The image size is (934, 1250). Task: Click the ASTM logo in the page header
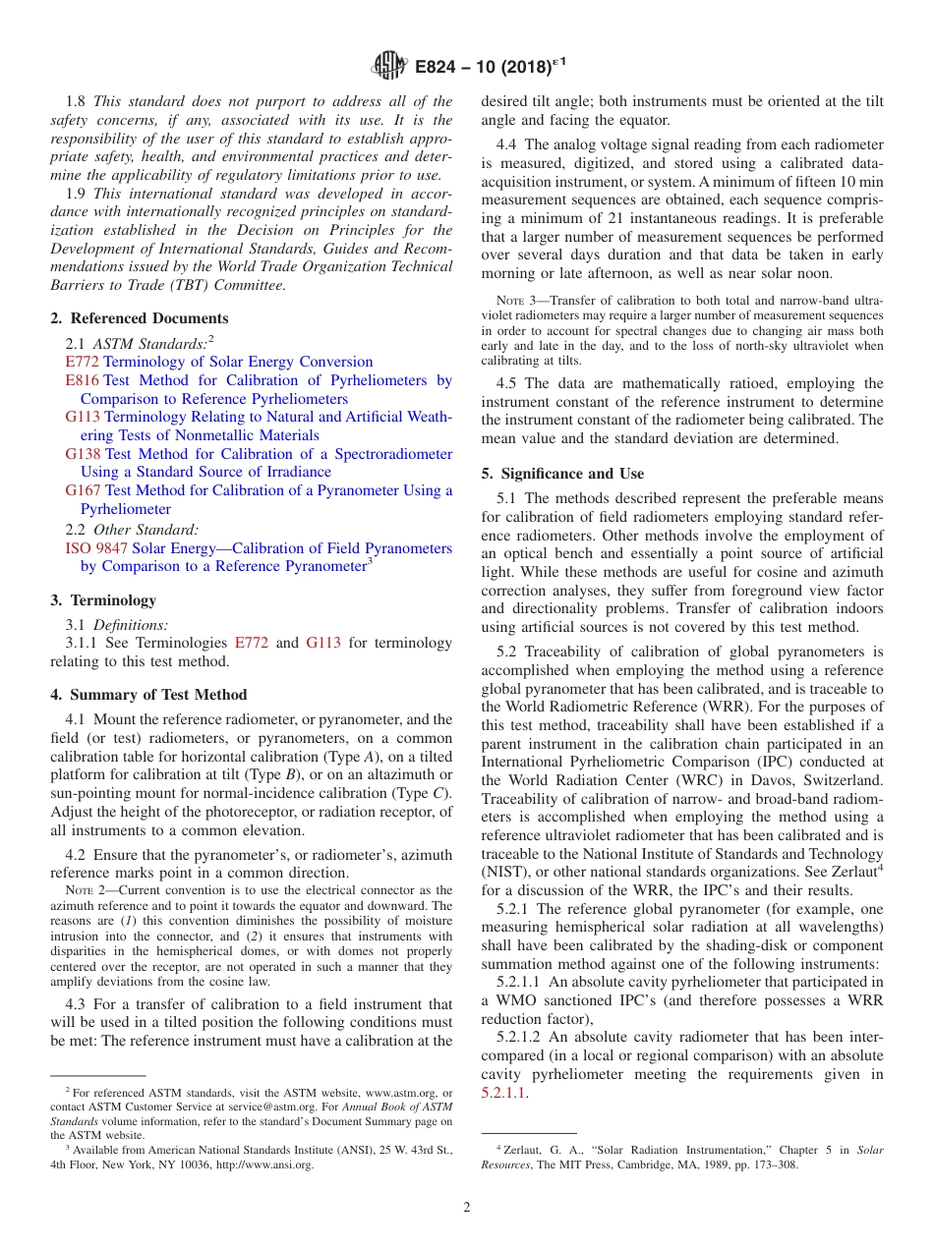(389, 67)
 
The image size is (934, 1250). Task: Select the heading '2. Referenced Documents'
(140, 318)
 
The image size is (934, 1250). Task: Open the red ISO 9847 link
(96, 548)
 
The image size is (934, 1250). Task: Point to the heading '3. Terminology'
(103, 600)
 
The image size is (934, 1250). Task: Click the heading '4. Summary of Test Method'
(148, 695)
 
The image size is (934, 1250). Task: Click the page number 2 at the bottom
(467, 1208)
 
